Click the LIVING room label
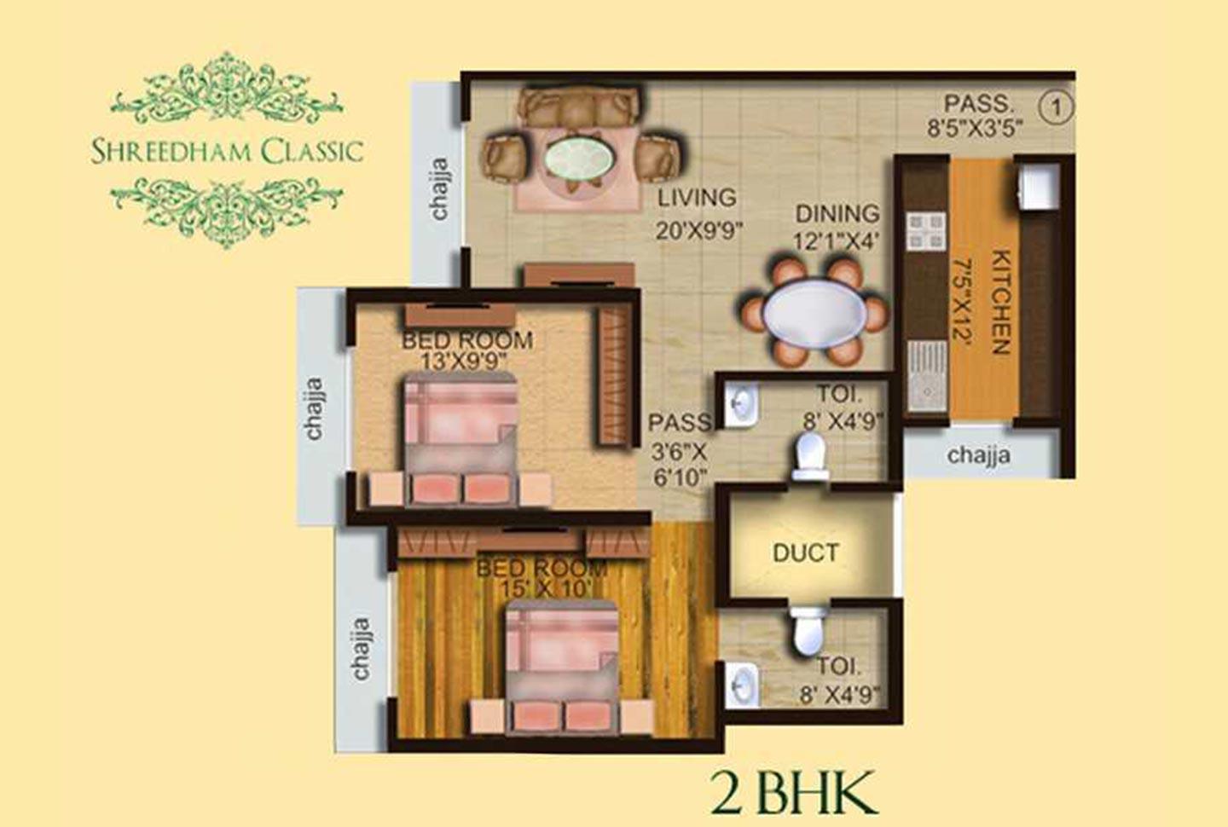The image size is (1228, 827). pos(697,198)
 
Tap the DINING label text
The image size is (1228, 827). pos(837,213)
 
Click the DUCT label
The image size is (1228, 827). pos(805,553)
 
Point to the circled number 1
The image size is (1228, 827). pos(1057,107)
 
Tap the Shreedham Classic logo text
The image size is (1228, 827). pos(227,152)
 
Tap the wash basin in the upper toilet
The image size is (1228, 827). pos(739,404)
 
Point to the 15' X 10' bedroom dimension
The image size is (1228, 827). pos(540,588)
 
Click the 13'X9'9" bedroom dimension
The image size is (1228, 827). pos(466,361)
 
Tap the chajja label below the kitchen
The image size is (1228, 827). pos(978,455)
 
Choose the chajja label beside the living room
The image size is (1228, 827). pos(439,188)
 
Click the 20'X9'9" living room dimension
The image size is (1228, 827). pos(699,230)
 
